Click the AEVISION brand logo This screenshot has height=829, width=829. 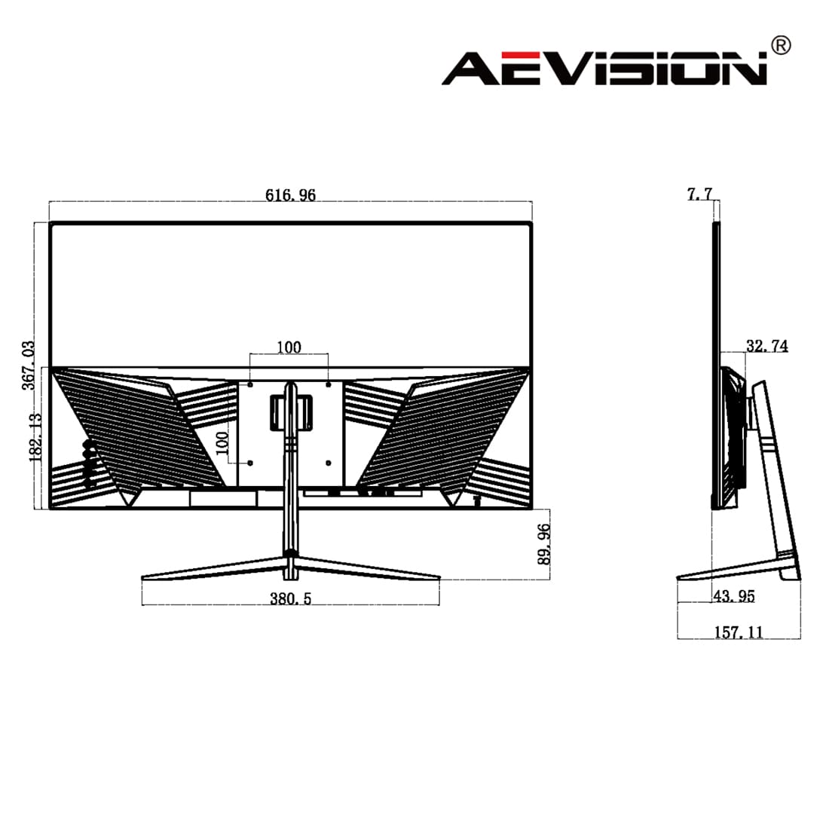[604, 68]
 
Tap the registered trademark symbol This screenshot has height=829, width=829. [781, 45]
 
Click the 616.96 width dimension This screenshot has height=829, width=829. [290, 195]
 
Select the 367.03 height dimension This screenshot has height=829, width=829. [29, 366]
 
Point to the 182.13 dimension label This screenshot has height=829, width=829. [35, 436]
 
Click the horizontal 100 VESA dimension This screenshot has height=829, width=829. [289, 347]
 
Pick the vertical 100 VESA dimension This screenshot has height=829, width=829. [222, 443]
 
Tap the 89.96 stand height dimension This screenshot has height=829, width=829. [543, 544]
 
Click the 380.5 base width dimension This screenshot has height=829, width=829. [290, 598]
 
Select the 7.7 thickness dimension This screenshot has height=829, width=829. [699, 194]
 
